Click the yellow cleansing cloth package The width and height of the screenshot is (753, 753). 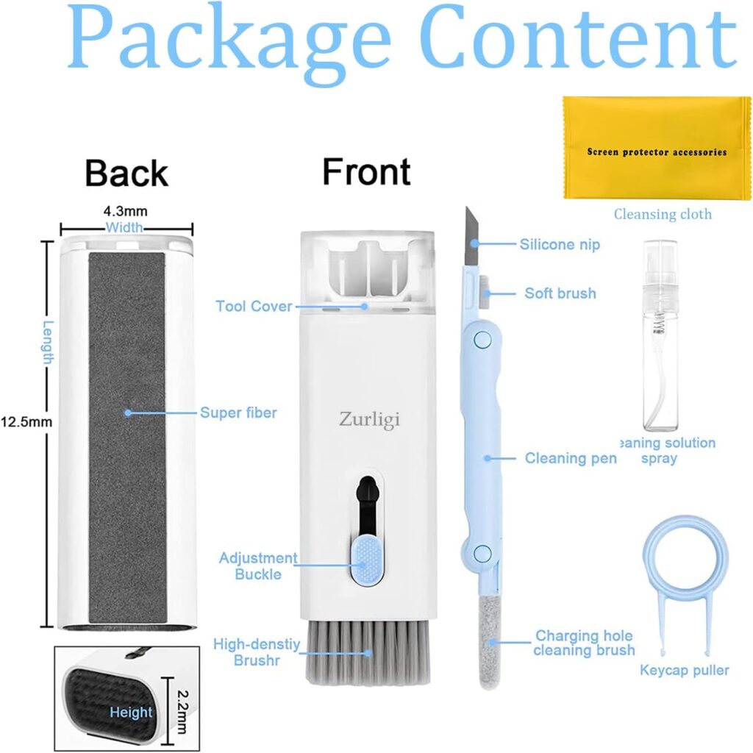(657, 148)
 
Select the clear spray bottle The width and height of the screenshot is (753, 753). (660, 335)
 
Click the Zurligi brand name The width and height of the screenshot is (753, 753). (369, 420)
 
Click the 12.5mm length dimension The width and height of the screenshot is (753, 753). (26, 422)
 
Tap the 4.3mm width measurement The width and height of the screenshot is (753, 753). (125, 211)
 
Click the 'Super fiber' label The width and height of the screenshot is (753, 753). (238, 413)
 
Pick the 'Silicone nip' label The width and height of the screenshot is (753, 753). (560, 244)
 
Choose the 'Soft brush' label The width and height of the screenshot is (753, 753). (560, 293)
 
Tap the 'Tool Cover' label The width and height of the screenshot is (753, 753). (254, 306)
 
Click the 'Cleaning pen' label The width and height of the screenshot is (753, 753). (571, 458)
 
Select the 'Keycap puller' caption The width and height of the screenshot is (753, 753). (685, 670)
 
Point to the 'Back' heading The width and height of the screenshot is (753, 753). (126, 173)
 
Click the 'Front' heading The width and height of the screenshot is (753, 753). (366, 171)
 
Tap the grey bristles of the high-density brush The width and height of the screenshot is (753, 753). (368, 652)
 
